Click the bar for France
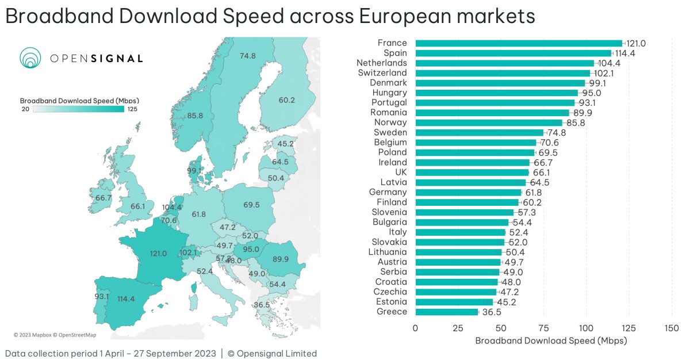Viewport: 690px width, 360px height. tap(517, 43)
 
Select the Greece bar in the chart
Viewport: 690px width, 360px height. tap(446, 312)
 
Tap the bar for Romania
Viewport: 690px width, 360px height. tap(492, 113)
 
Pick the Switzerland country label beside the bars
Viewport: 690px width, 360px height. tap(382, 73)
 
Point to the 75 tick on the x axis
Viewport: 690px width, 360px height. tap(543, 328)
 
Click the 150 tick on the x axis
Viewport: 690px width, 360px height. tap(672, 328)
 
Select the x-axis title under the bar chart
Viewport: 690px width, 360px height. tap(551, 340)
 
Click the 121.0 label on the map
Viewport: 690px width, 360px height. tap(158, 253)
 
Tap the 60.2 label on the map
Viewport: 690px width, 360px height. tap(286, 100)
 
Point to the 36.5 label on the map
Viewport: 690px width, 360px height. tap(262, 305)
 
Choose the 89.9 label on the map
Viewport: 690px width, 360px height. tap(281, 259)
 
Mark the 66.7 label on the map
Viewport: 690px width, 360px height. tap(103, 198)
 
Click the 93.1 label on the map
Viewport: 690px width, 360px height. tap(101, 297)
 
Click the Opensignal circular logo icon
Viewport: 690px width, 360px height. tap(30, 58)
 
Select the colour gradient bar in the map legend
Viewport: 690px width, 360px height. tap(79, 108)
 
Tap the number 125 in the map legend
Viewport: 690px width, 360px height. tap(133, 108)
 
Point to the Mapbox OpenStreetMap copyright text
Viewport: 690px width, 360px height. tap(55, 335)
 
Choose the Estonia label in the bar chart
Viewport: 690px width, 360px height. tap(390, 302)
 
